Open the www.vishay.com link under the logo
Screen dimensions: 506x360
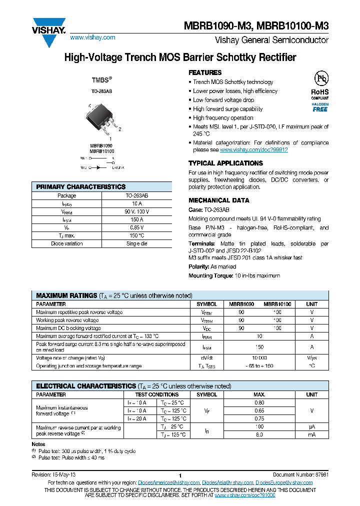coord(92,37)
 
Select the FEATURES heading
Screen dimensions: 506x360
coord(205,72)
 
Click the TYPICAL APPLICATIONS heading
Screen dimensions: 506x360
coord(225,163)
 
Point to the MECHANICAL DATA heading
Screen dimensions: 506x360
coord(218,200)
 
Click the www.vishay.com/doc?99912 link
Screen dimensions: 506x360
coord(253,149)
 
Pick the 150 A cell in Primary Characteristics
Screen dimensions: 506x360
coord(137,219)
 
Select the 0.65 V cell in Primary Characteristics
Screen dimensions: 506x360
coord(137,227)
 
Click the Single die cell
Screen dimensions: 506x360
coord(137,243)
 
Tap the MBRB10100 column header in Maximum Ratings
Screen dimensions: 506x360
coord(277,304)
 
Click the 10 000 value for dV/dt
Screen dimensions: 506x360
coord(259,358)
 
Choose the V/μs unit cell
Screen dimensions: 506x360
coord(311,358)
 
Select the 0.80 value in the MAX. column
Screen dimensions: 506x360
coord(259,402)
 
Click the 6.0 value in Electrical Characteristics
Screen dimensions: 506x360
coord(259,434)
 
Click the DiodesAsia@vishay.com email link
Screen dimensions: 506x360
coord(227,482)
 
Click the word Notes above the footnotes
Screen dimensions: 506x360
coord(38,444)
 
